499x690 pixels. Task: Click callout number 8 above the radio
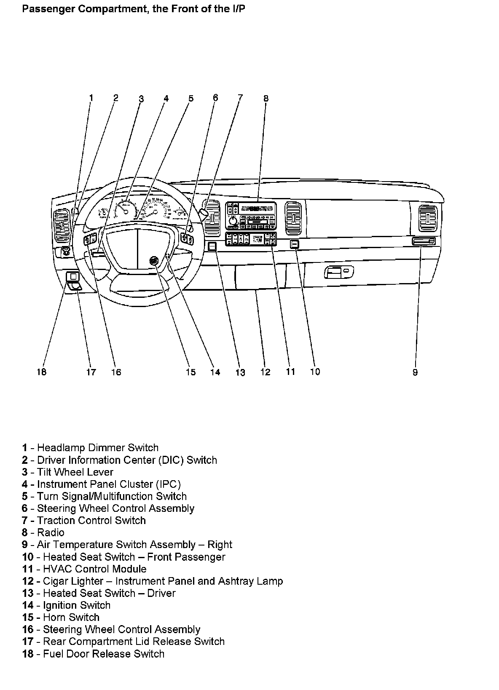266,99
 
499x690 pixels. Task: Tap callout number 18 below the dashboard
41,372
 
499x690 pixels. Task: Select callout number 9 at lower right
415,372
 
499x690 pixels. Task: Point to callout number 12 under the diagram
265,372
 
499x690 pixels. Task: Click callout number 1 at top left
91,98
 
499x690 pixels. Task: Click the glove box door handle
338,273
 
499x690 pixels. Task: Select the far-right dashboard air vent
428,217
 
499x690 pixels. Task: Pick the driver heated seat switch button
212,246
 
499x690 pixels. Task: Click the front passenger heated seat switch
295,244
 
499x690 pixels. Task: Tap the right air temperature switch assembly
424,241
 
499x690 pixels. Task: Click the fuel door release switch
73,276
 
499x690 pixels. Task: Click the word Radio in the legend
51,532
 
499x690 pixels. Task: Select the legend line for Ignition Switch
76,605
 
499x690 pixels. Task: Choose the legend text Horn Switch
71,618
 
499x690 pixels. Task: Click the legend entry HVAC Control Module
94,569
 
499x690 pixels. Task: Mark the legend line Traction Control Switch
91,520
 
